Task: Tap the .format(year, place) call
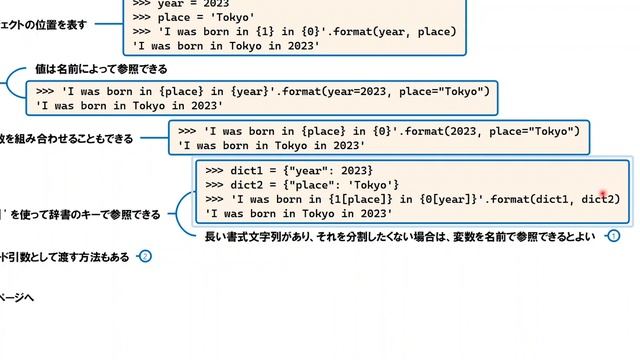(x=394, y=32)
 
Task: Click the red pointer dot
(x=604, y=195)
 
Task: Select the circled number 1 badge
(x=614, y=237)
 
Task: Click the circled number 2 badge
(x=146, y=257)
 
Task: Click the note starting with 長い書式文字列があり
(x=399, y=237)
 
